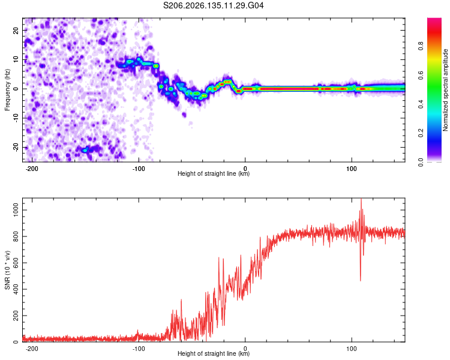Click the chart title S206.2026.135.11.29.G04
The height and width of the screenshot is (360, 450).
coord(213,5)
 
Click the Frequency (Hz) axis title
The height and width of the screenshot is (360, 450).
coord(7,90)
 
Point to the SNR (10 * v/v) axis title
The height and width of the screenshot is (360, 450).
coord(7,270)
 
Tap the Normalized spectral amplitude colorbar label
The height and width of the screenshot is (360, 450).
coord(445,90)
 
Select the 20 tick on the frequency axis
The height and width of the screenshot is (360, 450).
coord(16,30)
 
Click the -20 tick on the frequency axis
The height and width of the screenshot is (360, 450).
coord(16,147)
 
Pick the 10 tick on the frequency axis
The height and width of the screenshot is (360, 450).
coord(16,59)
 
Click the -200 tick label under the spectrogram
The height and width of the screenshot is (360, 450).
coord(32,169)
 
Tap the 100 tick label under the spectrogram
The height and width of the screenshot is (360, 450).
coord(351,169)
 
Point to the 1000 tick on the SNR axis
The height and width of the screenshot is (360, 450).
coord(16,210)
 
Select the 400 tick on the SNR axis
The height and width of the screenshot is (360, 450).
coord(16,289)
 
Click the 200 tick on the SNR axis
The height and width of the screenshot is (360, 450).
coord(16,316)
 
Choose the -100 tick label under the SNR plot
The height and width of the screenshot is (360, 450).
coord(139,349)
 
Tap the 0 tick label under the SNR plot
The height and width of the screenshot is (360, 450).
coord(245,349)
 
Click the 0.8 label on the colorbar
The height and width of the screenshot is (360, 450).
coord(421,46)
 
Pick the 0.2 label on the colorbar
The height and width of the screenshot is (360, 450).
coord(421,133)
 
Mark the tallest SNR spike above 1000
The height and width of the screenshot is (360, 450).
coord(361,199)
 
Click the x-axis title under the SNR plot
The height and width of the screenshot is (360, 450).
coord(214,353)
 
